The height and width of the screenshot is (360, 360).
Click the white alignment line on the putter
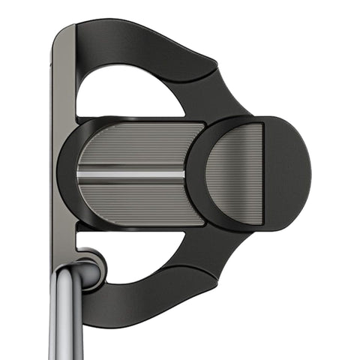tap(131, 173)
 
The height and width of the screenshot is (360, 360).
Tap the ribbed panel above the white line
tap(135, 146)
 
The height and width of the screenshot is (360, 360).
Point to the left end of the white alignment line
tap(79, 173)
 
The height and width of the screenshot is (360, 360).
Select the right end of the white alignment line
tap(184, 173)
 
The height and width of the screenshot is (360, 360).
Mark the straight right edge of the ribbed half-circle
tap(262, 174)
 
